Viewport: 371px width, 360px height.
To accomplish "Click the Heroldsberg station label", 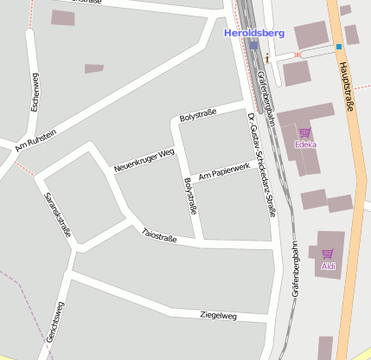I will [253, 32].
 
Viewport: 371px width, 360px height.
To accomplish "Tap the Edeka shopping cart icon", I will [304, 132].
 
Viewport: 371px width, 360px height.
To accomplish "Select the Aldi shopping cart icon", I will [328, 254].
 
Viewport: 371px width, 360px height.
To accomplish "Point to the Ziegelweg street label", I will [218, 315].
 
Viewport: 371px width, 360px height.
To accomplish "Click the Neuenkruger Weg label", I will [144, 159].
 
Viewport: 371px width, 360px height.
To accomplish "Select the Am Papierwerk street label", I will [224, 170].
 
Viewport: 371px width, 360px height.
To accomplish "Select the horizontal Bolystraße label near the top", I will [197, 114].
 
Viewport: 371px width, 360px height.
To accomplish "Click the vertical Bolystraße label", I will [191, 196].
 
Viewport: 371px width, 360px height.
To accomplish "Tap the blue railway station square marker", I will [253, 44].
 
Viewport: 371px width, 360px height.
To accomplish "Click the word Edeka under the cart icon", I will [304, 144].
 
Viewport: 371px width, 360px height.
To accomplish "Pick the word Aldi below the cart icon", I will [328, 266].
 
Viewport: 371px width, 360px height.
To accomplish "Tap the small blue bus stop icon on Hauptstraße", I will [340, 46].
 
